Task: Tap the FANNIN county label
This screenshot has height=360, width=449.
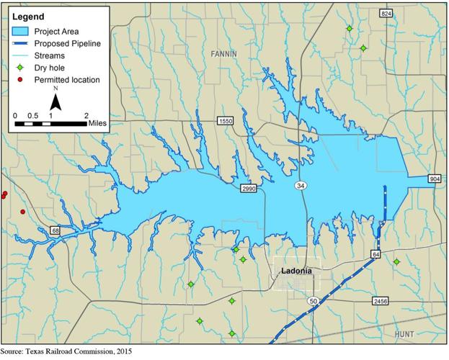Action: (225, 54)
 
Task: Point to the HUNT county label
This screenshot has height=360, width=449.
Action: (405, 334)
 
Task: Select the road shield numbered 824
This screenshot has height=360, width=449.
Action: (386, 14)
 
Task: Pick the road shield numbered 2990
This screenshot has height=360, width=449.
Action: (249, 188)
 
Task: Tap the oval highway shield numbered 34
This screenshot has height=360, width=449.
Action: (301, 186)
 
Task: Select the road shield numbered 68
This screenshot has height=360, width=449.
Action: (55, 230)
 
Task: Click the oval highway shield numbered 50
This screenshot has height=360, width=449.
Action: (312, 300)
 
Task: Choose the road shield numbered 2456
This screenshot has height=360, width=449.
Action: (381, 300)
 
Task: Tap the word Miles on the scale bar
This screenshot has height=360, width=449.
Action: (98, 123)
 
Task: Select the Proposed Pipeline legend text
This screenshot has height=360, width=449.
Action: (68, 43)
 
